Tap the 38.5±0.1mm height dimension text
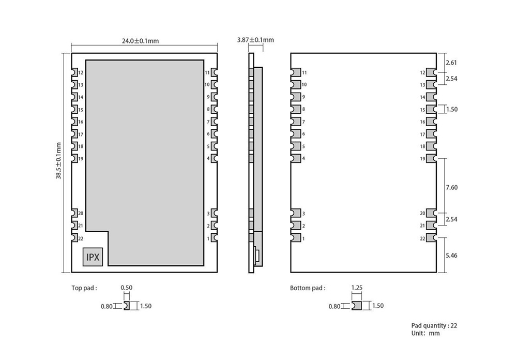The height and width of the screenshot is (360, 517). [59, 161]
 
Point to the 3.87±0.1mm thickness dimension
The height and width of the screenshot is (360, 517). [255, 40]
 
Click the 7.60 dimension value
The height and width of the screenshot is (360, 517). [451, 187]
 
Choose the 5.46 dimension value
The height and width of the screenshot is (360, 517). [451, 256]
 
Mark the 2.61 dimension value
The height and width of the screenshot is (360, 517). [451, 63]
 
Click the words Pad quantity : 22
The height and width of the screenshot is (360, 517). [434, 325]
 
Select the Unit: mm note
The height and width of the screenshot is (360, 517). [425, 334]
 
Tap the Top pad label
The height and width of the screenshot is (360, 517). [84, 288]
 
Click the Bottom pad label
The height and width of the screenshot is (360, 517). [308, 288]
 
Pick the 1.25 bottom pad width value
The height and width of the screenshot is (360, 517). [356, 287]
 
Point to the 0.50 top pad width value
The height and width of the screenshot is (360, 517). [126, 287]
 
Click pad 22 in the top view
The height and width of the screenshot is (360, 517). [74, 238]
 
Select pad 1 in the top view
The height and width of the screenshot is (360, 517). [214, 238]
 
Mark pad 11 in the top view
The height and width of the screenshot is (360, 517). [214, 72]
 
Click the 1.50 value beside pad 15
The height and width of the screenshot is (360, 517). [451, 110]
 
